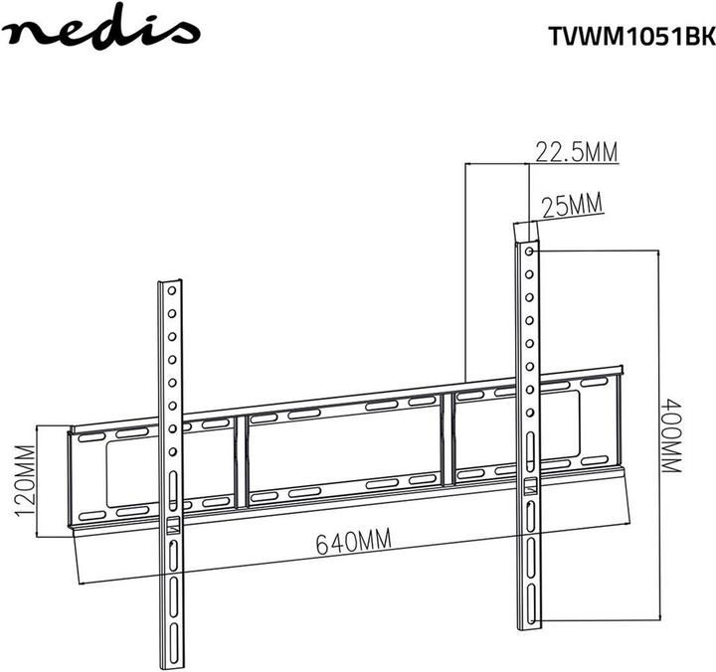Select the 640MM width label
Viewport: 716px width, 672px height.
point(352,543)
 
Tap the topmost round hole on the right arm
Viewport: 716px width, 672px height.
point(528,252)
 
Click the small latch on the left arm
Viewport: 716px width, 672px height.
point(172,523)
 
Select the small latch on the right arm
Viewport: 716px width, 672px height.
point(529,486)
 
